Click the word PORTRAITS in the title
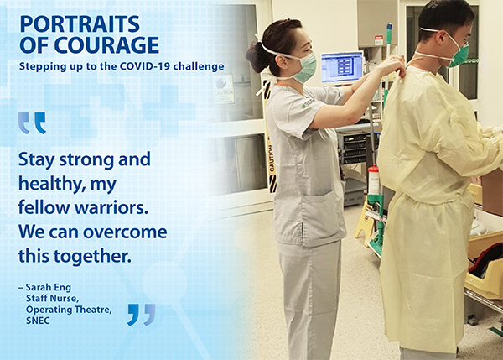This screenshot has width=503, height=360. [80, 24]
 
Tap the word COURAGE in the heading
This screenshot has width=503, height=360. [106, 44]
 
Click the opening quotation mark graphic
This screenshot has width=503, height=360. [32, 123]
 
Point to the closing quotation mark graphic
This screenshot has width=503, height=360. [142, 315]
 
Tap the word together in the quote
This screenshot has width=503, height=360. [92, 256]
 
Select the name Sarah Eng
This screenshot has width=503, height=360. [49, 287]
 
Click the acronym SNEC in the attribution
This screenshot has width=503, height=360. [38, 321]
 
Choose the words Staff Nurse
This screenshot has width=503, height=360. [52, 299]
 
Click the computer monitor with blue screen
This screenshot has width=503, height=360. [342, 67]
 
